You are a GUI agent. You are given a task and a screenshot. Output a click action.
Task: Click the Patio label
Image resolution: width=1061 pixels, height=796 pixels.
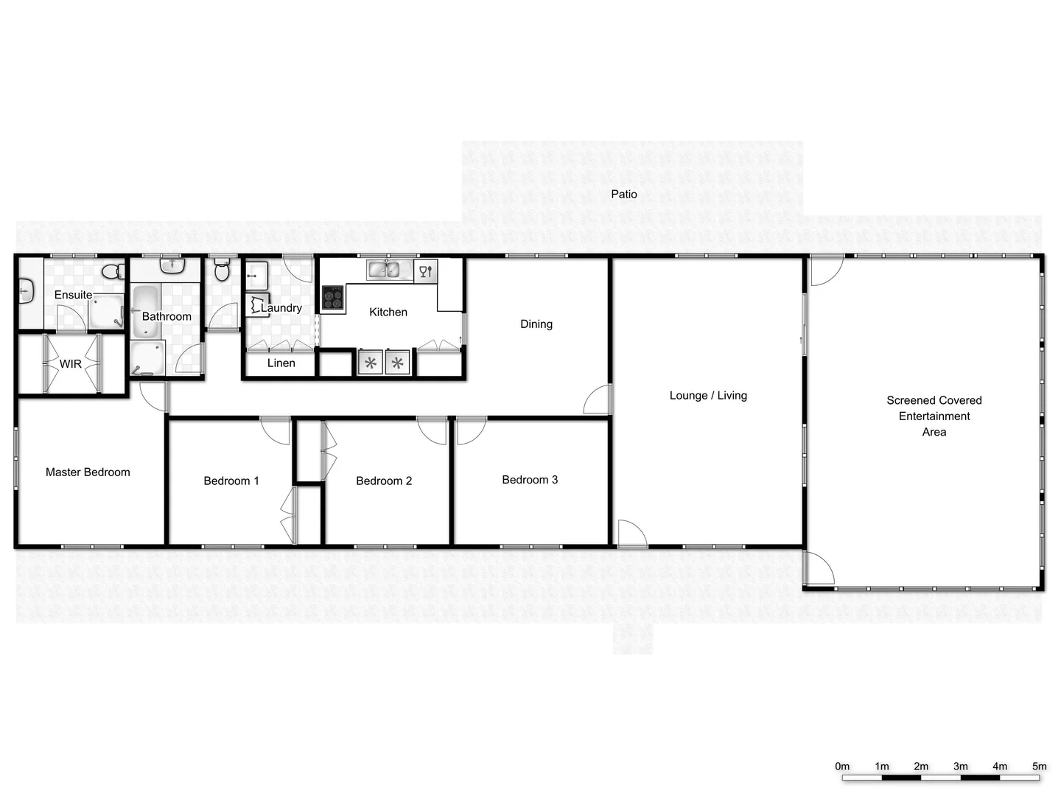tap(624, 194)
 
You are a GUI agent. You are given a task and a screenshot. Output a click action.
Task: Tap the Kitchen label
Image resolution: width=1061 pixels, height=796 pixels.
tap(388, 312)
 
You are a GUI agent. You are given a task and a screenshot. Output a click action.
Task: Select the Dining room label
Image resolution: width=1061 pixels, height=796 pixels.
tap(536, 324)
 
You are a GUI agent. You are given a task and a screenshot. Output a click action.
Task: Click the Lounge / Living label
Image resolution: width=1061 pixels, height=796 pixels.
tap(708, 395)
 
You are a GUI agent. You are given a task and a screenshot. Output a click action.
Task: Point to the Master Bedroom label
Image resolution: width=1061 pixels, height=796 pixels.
tap(88, 472)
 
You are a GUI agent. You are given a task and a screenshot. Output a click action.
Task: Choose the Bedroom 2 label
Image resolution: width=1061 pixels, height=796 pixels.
tap(384, 481)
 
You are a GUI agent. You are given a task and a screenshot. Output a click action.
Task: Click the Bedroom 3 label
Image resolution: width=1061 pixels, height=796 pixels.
tap(530, 480)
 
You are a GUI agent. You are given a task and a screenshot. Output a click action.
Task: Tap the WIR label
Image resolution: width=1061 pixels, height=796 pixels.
tap(71, 363)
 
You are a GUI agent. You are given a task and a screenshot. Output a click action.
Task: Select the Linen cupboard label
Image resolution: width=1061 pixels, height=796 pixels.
tap(281, 363)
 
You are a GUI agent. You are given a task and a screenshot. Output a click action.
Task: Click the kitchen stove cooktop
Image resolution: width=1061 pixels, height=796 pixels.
tap(333, 298)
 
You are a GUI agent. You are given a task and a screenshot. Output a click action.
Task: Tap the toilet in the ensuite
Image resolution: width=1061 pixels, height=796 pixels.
tap(113, 271)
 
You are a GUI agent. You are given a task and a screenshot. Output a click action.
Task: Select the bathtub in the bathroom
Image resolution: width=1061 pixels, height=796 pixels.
tap(146, 310)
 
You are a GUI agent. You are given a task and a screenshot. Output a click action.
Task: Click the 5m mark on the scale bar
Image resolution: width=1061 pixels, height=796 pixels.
tap(1039, 767)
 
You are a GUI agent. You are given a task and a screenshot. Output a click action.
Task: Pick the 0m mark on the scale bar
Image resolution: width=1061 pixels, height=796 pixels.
tap(842, 767)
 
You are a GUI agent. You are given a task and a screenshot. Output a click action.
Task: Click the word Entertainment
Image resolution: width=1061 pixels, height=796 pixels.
tap(934, 416)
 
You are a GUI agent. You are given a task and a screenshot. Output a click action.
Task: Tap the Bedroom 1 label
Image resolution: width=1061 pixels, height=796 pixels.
tap(231, 481)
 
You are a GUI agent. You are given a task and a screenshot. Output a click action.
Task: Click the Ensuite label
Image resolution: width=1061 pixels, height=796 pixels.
tap(74, 295)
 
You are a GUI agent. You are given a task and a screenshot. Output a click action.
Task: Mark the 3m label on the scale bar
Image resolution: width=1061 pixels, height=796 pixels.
tap(961, 767)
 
